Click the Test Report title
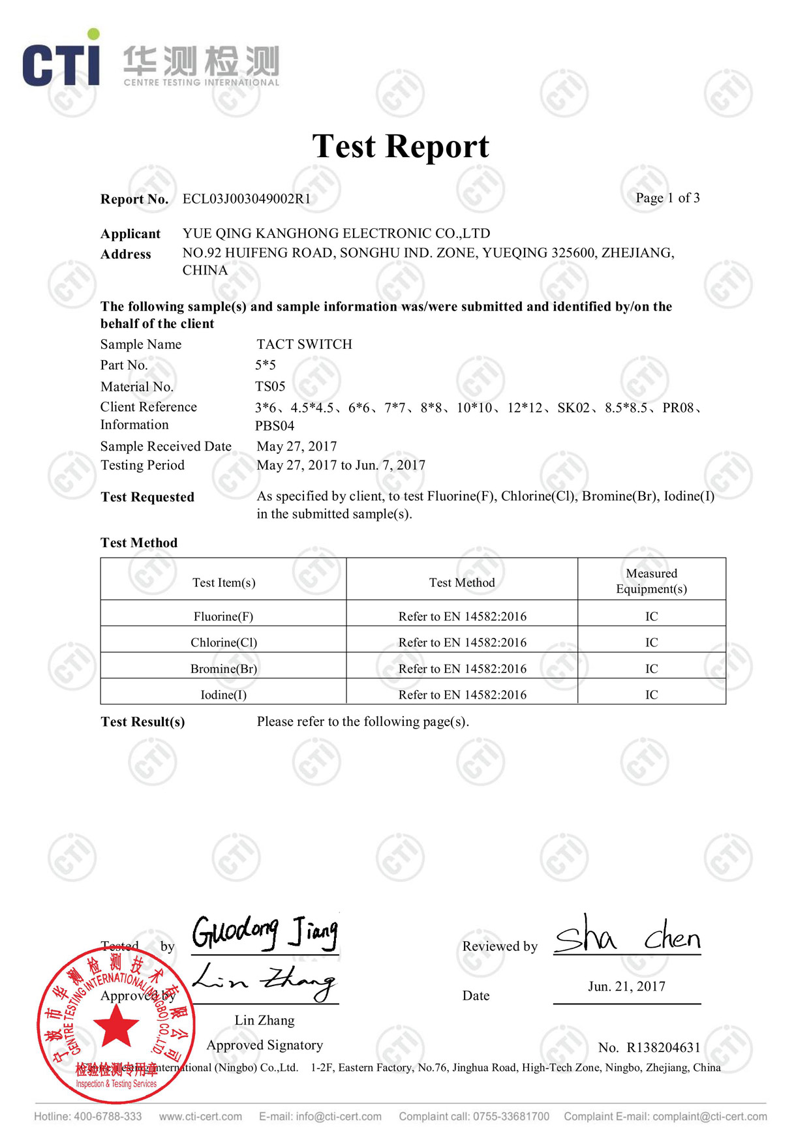[400, 146]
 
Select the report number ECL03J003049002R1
[247, 199]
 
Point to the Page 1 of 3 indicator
[667, 198]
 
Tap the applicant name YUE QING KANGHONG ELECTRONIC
[336, 233]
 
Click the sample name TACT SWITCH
[304, 344]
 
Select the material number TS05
[270, 386]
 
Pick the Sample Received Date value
[297, 446]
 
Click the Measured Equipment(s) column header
[651, 580]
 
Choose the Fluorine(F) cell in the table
[223, 616]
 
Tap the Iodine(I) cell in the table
[223, 695]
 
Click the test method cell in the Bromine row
[462, 669]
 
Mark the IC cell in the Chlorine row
[651, 642]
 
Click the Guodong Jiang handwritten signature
[265, 933]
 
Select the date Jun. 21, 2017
[626, 986]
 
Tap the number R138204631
[663, 1047]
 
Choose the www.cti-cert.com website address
[200, 1117]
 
